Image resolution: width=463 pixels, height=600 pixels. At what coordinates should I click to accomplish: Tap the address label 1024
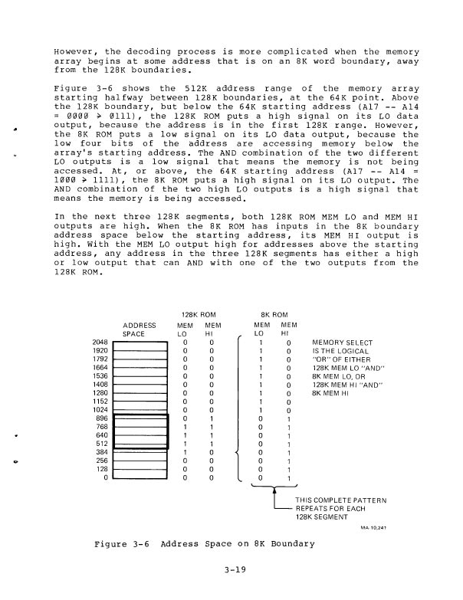tap(99, 409)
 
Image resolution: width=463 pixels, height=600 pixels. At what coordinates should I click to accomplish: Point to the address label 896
tap(100, 418)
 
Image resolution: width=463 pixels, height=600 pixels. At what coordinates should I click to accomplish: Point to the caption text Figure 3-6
tap(120, 544)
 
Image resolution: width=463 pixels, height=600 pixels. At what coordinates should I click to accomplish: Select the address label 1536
tap(99, 376)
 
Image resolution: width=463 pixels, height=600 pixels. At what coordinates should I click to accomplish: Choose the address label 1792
tap(99, 360)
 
